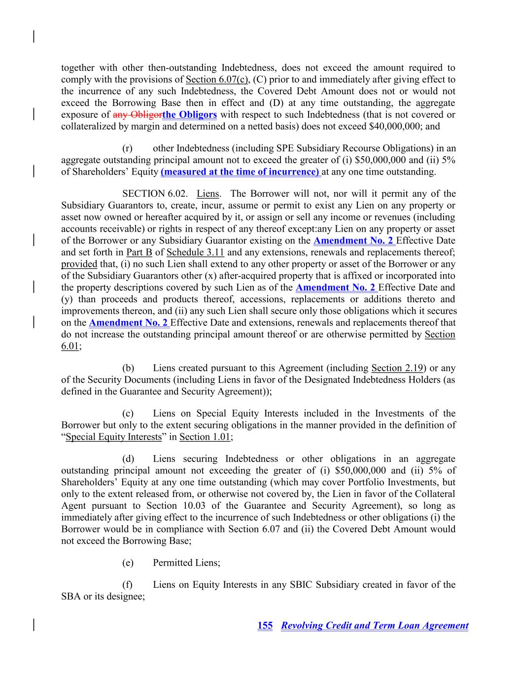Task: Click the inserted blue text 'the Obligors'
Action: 190,115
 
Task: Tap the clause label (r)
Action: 127,148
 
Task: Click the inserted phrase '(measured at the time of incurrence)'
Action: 240,172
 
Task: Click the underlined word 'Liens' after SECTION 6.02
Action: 207,194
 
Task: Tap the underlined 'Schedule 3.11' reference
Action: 195,253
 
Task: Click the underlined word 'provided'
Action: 79,264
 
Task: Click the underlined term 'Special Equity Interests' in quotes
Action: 113,437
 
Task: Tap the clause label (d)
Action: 128,459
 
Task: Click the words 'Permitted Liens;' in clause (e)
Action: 186,563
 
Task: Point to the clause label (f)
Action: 127,585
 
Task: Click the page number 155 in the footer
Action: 265,626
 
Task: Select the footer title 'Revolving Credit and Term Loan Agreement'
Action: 375,626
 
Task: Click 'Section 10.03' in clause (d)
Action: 173,506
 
